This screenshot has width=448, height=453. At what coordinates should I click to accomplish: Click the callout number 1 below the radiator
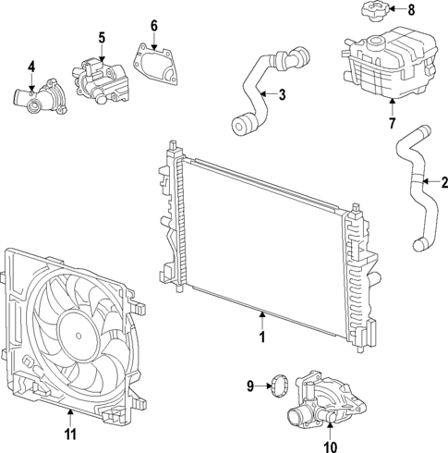(x=262, y=338)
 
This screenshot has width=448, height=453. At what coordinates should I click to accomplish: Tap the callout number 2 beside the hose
(x=444, y=181)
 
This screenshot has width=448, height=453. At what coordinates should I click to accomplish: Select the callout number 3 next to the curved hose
(x=282, y=93)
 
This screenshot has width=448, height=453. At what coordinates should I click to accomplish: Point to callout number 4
(x=30, y=67)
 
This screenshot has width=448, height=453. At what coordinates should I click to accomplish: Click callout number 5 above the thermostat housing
(x=101, y=38)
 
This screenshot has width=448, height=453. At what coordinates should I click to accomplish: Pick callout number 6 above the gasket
(x=154, y=24)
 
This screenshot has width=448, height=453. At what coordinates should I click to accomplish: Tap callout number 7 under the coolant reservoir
(x=391, y=121)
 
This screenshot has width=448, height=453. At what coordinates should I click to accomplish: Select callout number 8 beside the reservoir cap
(x=411, y=10)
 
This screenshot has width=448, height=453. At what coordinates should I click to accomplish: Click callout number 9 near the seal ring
(x=249, y=385)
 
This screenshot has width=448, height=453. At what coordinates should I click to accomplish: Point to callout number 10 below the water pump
(x=328, y=447)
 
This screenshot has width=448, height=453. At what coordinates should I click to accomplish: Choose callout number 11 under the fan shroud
(x=70, y=433)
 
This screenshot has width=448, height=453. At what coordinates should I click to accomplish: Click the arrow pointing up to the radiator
(x=262, y=319)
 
